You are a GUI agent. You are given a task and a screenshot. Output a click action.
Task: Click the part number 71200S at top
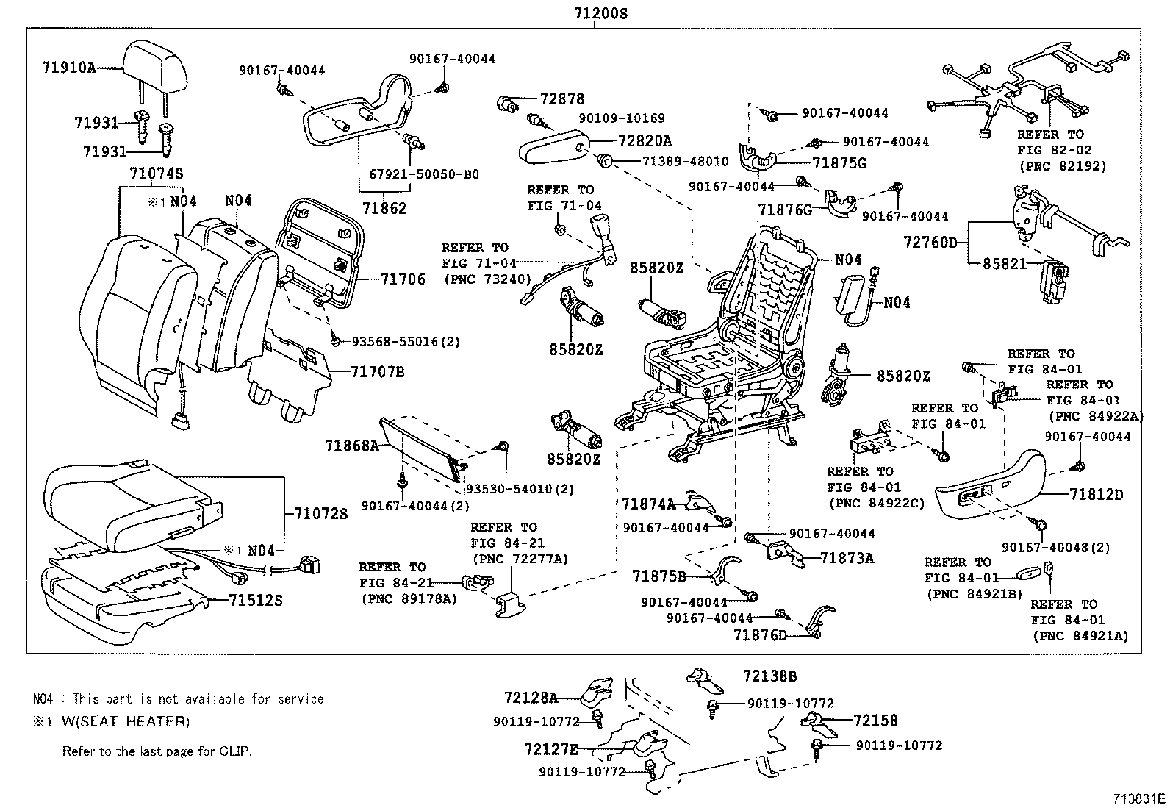pos(600,12)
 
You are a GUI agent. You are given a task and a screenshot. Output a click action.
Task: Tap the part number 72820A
pos(645,140)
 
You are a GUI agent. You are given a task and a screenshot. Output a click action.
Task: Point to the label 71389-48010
pos(685,161)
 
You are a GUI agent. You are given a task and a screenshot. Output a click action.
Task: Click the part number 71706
pos(403,279)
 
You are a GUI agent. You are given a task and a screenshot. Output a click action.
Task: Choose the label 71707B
pos(377,372)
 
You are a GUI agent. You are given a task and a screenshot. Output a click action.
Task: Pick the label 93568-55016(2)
pos(406,341)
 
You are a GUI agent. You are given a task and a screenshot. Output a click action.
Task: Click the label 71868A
pos(351,446)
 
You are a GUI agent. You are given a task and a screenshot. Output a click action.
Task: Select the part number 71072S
pos(320,514)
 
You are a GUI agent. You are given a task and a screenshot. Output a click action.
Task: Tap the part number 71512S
pos(255,601)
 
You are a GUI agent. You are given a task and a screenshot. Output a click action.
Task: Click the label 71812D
pos(1096,495)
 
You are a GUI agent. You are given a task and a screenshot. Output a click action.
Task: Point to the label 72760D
pos(931,242)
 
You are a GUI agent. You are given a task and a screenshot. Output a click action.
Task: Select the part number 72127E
pos(551,750)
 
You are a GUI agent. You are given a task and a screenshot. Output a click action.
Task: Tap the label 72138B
pos(769,676)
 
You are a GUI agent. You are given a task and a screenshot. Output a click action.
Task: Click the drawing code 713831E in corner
pos(1138,798)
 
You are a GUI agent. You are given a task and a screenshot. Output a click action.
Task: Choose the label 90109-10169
pos(621,118)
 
